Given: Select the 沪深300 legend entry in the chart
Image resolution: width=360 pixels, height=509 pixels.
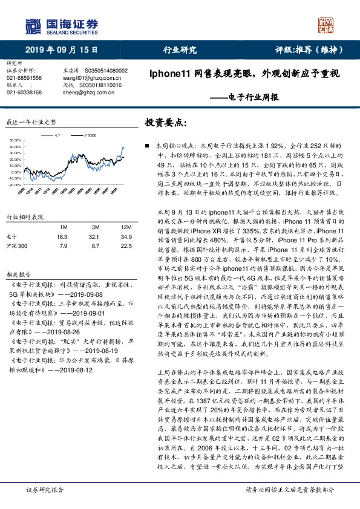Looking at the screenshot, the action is [x=89, y=137].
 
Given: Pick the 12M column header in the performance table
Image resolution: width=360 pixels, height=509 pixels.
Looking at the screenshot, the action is [x=126, y=227].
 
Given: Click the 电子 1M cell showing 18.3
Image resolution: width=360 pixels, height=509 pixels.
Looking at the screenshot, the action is [x=62, y=237].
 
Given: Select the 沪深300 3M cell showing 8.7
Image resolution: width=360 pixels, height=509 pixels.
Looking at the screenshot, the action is [x=94, y=246].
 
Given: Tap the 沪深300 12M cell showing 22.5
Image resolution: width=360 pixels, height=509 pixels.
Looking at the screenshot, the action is [x=126, y=246].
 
